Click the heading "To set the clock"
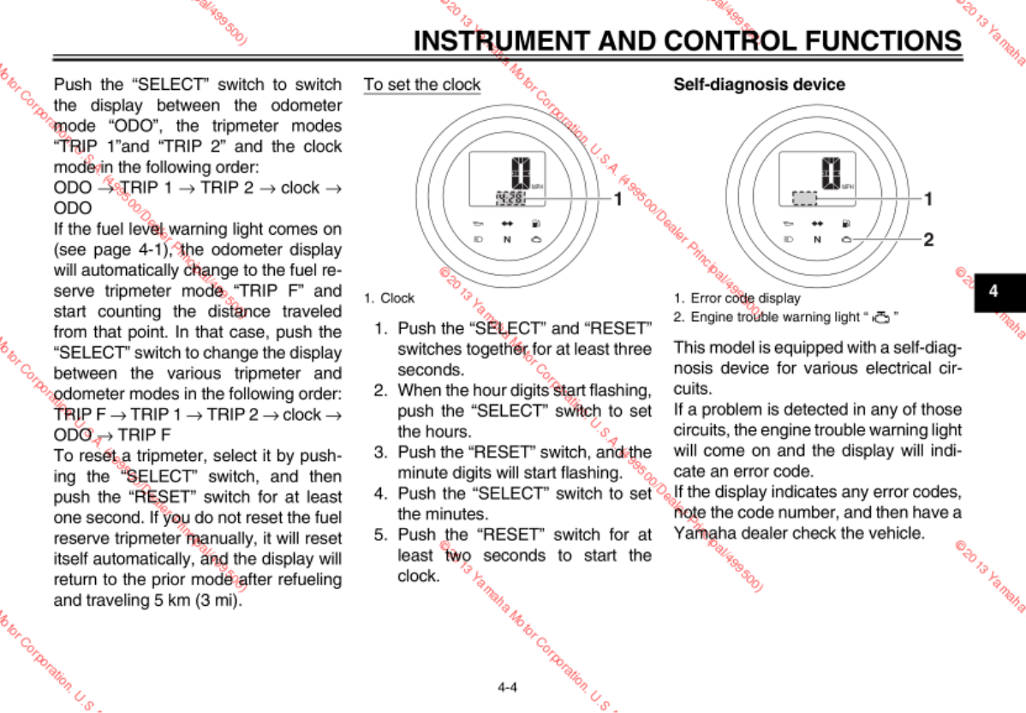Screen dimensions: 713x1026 pos(422,85)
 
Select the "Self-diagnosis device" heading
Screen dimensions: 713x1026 pos(759,85)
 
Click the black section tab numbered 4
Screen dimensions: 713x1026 pos(993,291)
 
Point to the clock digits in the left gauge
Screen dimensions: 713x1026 pos(510,198)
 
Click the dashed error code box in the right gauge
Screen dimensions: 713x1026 pos(804,198)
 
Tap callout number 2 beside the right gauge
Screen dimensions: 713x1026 pos(928,240)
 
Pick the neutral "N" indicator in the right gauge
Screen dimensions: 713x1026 pos(817,239)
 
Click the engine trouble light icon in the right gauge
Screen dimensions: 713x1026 pos(846,239)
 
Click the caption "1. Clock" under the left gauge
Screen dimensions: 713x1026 pos(389,298)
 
